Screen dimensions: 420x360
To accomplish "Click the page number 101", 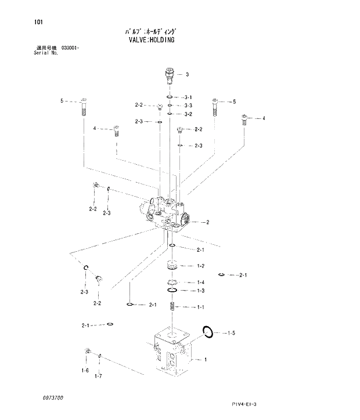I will (38, 23).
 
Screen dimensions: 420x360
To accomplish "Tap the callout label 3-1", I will (188, 97).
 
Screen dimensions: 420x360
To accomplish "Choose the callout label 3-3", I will (188, 106).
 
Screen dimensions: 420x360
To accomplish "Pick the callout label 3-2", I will (188, 114).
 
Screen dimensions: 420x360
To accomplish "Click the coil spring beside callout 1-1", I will (172, 306).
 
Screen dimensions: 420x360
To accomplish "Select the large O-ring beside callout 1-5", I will (208, 332).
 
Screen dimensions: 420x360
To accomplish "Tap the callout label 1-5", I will (231, 333).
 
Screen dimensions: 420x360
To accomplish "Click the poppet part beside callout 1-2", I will (172, 266).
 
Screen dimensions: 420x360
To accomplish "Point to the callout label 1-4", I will (200, 283).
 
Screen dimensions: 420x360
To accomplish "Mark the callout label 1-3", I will (200, 291).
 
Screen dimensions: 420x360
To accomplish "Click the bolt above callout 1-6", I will (87, 352).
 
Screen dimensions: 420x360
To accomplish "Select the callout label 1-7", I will (99, 376).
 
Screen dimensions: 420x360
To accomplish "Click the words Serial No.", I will (46, 53).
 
